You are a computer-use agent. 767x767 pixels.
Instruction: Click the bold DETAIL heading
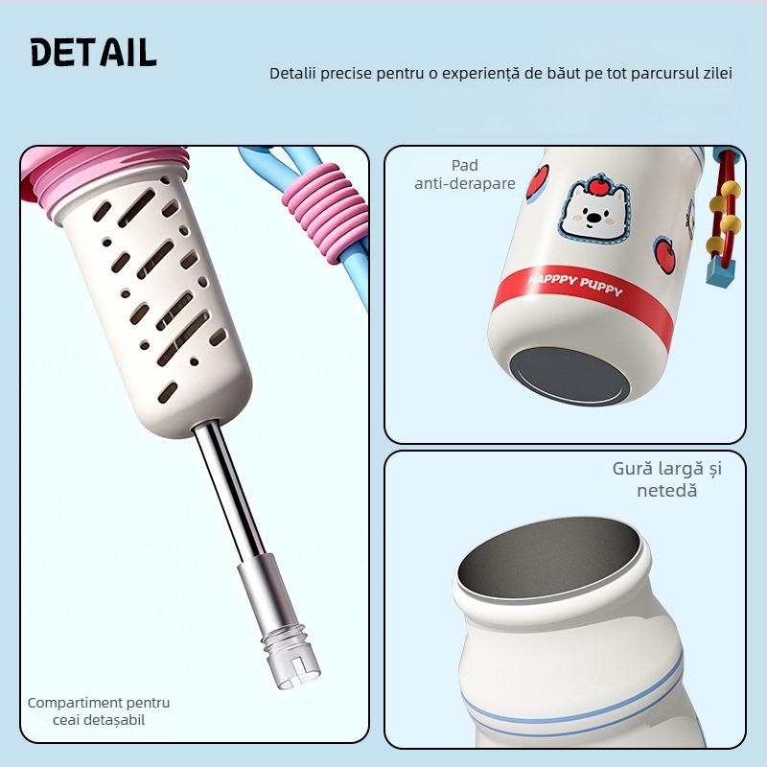coord(93,53)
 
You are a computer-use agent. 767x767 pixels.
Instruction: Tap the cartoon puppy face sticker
coord(592,213)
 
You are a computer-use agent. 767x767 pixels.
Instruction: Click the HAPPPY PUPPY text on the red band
coord(574,286)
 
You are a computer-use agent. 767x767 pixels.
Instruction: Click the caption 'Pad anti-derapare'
coord(465,174)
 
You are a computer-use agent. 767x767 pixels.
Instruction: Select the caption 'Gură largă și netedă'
coord(666,479)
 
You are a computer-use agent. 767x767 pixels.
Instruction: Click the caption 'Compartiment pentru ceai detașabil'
coord(99,711)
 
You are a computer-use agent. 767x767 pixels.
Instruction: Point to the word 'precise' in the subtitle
coord(354,74)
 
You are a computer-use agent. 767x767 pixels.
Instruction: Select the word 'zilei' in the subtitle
coord(715,74)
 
